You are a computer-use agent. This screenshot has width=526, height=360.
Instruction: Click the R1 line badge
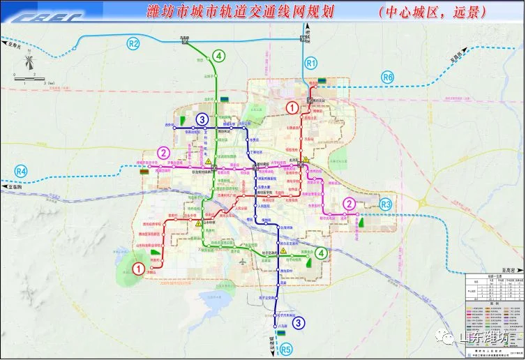[311, 63]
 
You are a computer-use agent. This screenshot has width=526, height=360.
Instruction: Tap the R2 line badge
[133, 45]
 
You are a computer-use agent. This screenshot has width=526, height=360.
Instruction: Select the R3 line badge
[386, 204]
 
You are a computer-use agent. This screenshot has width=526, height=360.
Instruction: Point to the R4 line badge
[21, 172]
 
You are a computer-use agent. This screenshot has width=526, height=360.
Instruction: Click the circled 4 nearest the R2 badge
[219, 56]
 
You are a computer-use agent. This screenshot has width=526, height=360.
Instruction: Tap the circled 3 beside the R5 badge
[299, 322]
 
